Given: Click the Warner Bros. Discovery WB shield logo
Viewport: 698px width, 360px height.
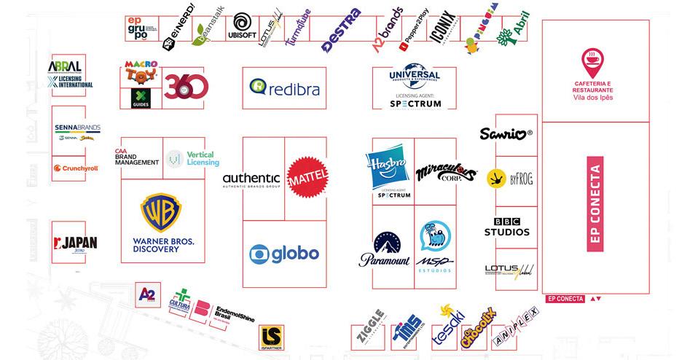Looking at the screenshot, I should [162, 213].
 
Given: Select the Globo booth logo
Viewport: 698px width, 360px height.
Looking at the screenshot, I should [283, 254].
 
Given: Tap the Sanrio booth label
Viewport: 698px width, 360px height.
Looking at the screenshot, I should [506, 134].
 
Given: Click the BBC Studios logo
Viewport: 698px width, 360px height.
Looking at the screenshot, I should [506, 227].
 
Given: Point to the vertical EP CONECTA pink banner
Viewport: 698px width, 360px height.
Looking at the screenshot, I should [595, 208].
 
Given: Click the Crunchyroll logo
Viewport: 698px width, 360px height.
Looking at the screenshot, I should [76, 168].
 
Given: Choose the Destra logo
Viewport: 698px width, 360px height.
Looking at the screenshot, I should [341, 31].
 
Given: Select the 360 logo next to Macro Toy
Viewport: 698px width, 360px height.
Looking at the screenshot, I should [186, 87].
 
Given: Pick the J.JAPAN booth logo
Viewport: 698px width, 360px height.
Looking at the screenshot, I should [76, 243].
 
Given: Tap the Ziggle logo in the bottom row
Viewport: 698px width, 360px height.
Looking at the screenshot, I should [371, 332].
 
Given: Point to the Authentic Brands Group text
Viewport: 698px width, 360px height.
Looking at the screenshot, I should [251, 179].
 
